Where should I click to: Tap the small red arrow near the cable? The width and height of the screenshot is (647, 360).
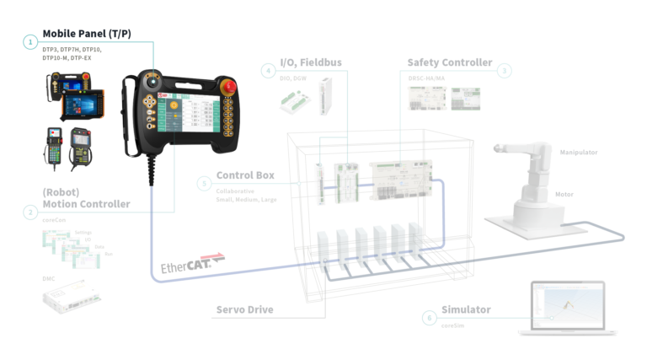click(213, 253)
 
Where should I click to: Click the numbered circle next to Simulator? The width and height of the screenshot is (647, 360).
click(430, 318)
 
